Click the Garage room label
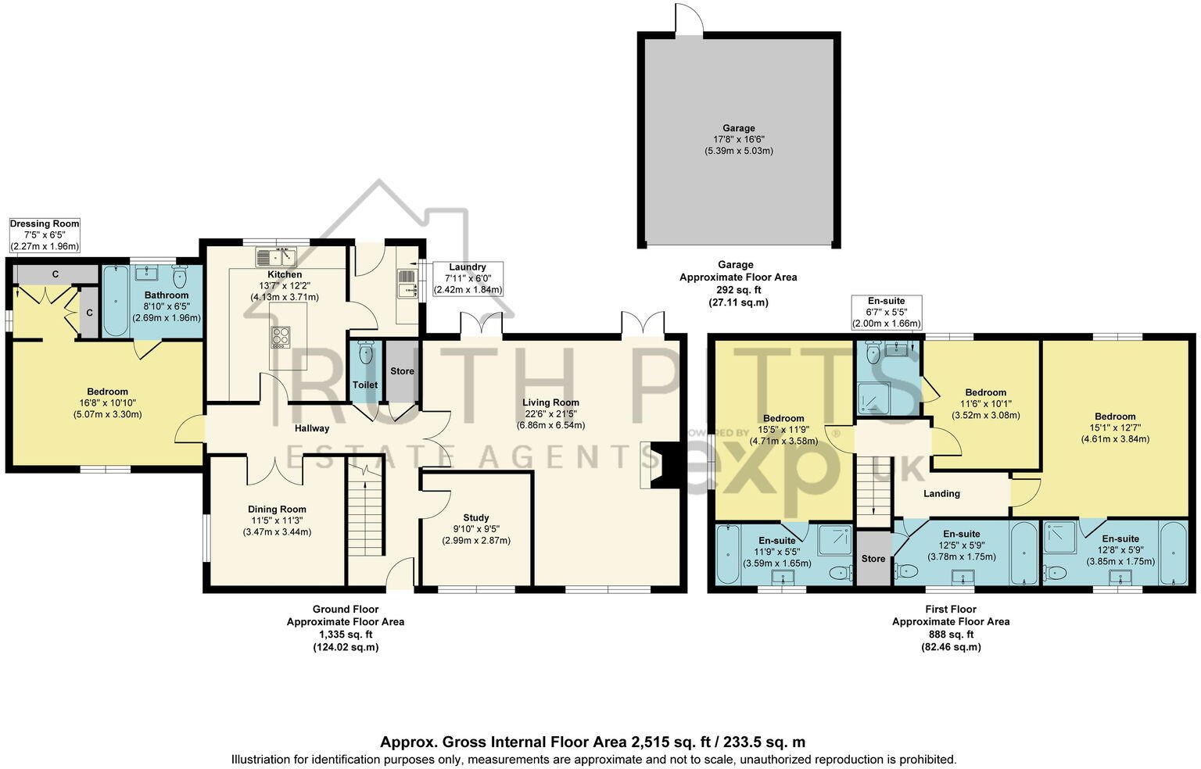click(x=738, y=128)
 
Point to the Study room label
click(x=475, y=517)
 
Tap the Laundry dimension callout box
click(x=467, y=278)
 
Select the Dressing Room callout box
click(x=45, y=235)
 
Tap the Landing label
click(x=941, y=494)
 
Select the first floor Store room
click(x=873, y=558)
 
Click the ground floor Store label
click(x=402, y=371)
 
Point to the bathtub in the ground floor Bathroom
click(x=116, y=301)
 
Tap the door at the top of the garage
click(x=689, y=20)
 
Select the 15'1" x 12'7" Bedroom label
click(x=1115, y=417)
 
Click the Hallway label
click(x=312, y=428)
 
